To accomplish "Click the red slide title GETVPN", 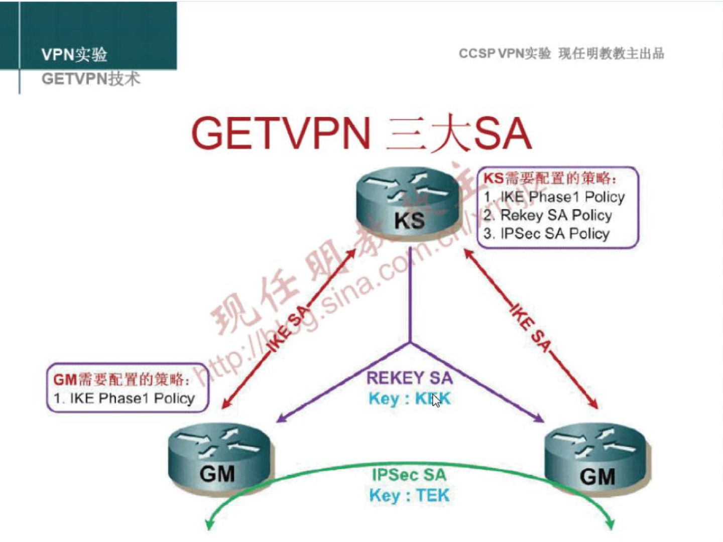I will tap(281, 133).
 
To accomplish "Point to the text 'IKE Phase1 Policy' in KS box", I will tap(555, 197).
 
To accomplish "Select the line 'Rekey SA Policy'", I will tap(548, 215).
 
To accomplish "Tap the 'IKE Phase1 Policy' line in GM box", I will tap(124, 398).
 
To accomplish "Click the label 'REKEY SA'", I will tap(409, 377).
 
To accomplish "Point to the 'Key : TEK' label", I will tap(409, 496).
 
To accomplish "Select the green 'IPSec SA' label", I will tap(409, 475).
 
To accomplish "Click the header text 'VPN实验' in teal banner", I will tap(74, 54).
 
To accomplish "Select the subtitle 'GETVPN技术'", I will tap(90, 78).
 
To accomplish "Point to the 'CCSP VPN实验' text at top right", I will tap(504, 53).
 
